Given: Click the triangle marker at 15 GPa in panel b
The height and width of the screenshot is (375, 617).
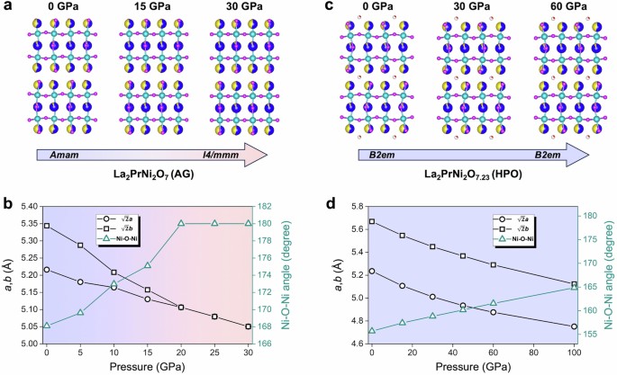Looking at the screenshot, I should (148, 265).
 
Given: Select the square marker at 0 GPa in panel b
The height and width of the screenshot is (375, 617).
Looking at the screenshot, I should (46, 227).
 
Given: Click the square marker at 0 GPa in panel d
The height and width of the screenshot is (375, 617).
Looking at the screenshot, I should (371, 221).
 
